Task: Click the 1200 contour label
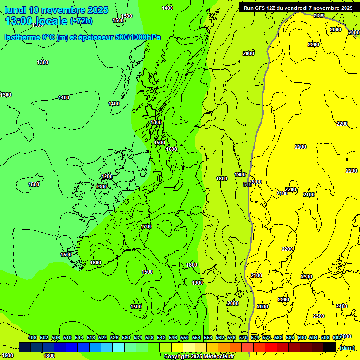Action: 107,176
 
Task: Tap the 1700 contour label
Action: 146,226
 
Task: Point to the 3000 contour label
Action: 256,182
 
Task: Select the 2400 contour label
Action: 342,306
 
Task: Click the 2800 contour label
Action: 319,15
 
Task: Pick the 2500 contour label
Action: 345,336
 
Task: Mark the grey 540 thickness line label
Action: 248,184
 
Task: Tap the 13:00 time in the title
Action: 19,21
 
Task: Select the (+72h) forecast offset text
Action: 81,21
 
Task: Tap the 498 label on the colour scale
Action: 32,338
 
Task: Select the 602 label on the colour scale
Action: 337,338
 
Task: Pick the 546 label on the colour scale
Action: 173,338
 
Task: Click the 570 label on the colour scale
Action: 243,338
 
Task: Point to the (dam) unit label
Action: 346,347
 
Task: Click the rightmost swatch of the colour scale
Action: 330,347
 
